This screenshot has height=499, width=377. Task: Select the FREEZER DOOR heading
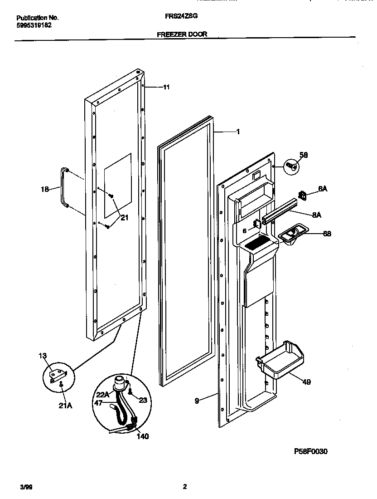[x=182, y=34]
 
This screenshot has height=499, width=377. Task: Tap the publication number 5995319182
[x=34, y=25]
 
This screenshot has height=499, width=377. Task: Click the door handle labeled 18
[x=62, y=186]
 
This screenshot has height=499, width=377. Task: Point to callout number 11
[x=166, y=87]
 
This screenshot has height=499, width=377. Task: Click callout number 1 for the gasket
[x=237, y=132]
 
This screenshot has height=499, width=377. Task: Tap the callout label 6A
[x=322, y=190]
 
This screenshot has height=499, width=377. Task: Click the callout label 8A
[x=316, y=215]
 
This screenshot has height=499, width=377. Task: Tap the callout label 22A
[x=103, y=395]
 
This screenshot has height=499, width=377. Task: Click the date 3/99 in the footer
[x=26, y=487]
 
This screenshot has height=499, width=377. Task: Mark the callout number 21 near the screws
[x=124, y=218]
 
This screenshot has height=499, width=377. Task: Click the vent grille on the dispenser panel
[x=257, y=244]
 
